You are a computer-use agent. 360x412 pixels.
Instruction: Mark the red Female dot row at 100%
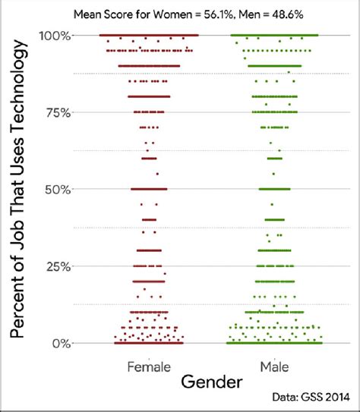click(149, 36)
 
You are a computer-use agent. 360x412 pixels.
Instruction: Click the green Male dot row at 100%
click(274, 36)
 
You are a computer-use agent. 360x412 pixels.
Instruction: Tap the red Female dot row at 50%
click(149, 189)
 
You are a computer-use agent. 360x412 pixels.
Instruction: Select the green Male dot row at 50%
click(274, 189)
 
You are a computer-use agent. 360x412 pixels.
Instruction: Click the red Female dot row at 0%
click(149, 343)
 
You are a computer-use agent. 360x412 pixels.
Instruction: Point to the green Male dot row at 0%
click(274, 343)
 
